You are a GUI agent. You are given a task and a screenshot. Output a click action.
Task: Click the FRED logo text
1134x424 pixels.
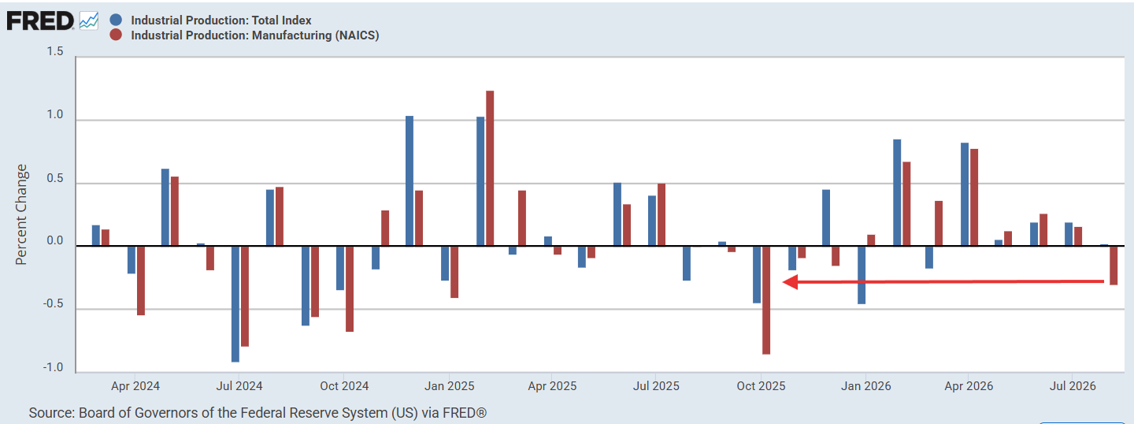pyautogui.click(x=40, y=21)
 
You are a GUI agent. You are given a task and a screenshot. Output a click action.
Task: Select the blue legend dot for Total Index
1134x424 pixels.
pyautogui.click(x=116, y=20)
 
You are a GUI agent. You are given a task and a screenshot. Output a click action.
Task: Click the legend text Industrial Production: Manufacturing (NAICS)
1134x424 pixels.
pyautogui.click(x=254, y=35)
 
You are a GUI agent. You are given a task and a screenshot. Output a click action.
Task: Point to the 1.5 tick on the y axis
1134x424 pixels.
pyautogui.click(x=55, y=52)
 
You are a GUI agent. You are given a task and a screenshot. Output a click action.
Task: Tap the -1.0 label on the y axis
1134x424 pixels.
pyautogui.click(x=54, y=367)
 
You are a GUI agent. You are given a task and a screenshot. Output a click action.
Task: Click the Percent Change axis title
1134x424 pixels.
pyautogui.click(x=20, y=215)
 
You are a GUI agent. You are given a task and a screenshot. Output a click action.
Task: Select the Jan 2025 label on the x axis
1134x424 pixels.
pyautogui.click(x=449, y=386)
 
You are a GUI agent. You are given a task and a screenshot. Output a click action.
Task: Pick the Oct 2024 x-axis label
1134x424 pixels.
pyautogui.click(x=344, y=386)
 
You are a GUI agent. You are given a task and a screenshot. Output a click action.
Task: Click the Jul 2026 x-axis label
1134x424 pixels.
pyautogui.click(x=1073, y=386)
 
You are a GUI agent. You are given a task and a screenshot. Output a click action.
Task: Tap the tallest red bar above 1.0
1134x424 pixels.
pyautogui.click(x=490, y=168)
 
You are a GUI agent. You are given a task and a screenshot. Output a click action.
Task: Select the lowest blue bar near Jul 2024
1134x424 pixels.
pyautogui.click(x=235, y=304)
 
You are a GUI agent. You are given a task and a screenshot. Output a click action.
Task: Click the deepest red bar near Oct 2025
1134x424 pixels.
pyautogui.click(x=766, y=300)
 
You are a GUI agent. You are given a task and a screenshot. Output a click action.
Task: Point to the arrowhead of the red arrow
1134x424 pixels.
pyautogui.click(x=784, y=282)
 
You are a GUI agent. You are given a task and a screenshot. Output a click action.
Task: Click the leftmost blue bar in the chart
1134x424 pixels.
pyautogui.click(x=96, y=236)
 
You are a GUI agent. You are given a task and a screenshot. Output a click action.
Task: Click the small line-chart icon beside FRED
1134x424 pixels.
pyautogui.click(x=88, y=21)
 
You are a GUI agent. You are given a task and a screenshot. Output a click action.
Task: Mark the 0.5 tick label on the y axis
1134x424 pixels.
pyautogui.click(x=55, y=178)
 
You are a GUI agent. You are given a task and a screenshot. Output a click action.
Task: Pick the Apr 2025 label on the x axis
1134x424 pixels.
pyautogui.click(x=552, y=386)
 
